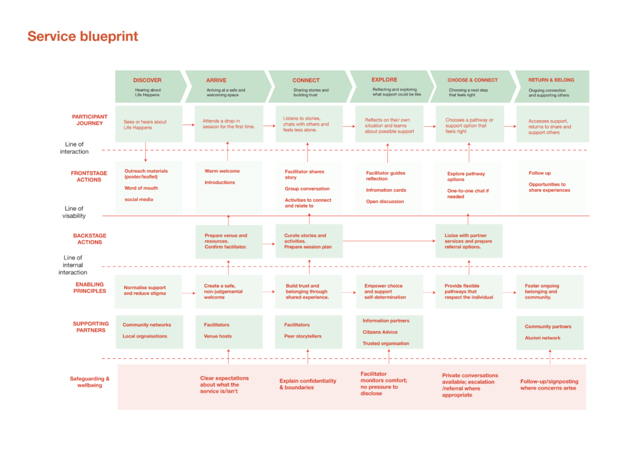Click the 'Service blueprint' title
tap(83, 36)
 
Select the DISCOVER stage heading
tap(147, 80)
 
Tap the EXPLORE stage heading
tap(384, 80)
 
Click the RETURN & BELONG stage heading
tap(551, 80)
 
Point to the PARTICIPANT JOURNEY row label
tap(89, 120)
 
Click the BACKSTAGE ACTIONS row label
tap(89, 239)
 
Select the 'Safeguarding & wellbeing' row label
tap(89, 382)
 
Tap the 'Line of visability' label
tap(74, 212)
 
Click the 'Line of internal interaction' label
tap(73, 265)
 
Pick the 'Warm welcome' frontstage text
tap(222, 171)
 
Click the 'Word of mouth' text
tap(141, 188)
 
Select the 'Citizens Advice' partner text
tap(380, 332)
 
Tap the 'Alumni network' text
tap(543, 338)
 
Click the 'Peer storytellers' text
tap(303, 336)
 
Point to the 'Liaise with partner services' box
tap(468, 241)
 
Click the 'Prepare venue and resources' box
tap(229, 242)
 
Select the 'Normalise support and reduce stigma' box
tap(148, 292)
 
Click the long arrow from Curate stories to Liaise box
tap(389, 241)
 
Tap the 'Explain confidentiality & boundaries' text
tap(308, 384)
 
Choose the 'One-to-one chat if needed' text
tap(468, 194)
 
